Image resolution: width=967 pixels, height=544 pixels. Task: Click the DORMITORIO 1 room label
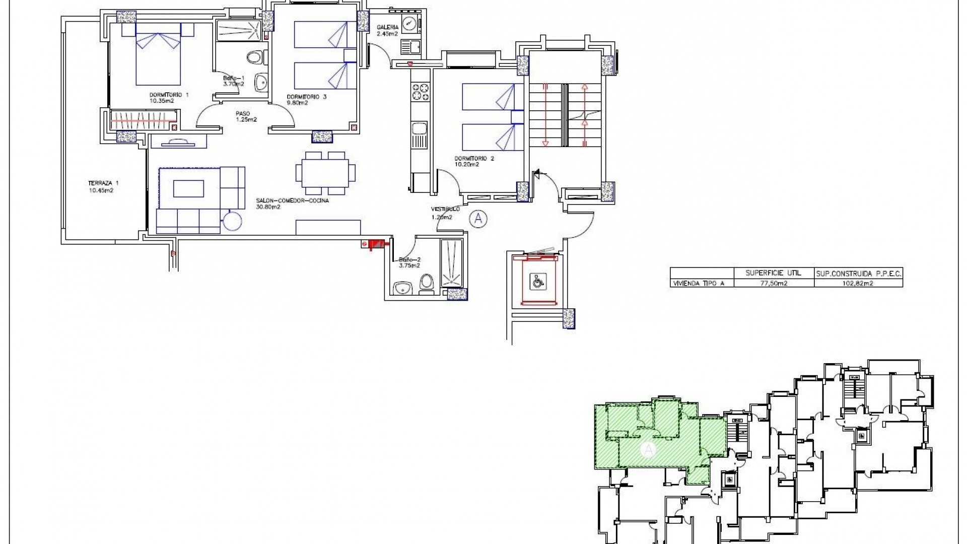(x=169, y=97)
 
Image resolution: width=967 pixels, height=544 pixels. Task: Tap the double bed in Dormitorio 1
(x=158, y=58)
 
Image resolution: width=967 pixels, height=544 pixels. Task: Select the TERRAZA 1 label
(x=101, y=187)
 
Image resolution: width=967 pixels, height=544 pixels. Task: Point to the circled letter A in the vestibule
(x=478, y=219)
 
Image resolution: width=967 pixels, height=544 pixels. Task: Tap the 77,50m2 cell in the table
(x=773, y=283)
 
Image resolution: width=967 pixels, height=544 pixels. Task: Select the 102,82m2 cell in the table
(x=858, y=283)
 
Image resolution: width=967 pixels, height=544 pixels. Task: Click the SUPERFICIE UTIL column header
(x=773, y=273)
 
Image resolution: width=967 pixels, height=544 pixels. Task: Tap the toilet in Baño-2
(x=427, y=284)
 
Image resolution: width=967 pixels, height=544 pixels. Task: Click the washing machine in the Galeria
(x=409, y=25)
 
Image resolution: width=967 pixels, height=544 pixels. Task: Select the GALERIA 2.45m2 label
(x=387, y=31)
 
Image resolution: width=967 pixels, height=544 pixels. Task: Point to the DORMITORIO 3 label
(x=306, y=100)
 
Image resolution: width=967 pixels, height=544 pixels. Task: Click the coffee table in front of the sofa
(x=188, y=189)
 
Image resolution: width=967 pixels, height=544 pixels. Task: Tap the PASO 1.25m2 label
(x=246, y=116)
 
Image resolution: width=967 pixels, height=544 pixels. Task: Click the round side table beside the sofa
(x=233, y=220)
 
